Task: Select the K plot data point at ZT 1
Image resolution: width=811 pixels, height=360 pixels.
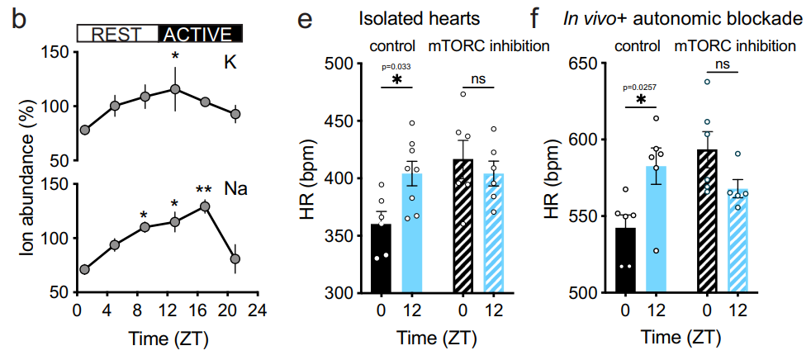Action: (85, 130)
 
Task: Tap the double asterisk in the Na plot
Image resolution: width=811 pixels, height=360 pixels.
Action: (204, 189)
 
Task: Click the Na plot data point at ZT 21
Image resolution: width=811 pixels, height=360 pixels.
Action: (235, 258)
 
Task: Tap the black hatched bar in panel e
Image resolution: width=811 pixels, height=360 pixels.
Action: (464, 226)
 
